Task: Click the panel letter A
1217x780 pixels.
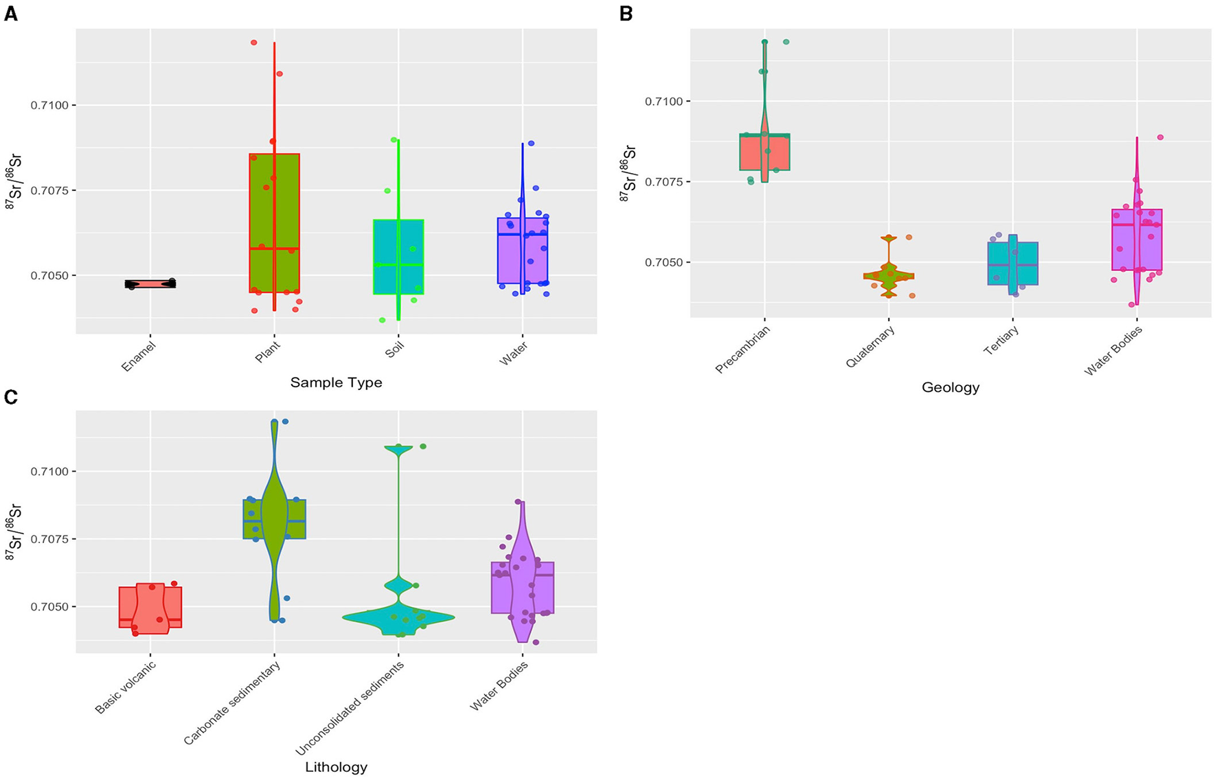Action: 10,14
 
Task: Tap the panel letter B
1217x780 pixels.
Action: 625,14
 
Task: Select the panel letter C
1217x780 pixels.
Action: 10,398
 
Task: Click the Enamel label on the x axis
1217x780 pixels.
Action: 139,357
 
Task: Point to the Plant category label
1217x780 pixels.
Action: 268,353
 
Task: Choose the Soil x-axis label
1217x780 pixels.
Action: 394,352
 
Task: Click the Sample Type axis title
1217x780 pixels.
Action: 336,382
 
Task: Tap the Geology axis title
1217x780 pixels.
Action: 950,387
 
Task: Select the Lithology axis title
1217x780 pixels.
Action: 336,767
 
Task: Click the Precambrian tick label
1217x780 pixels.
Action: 743,349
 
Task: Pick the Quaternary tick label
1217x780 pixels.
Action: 870,347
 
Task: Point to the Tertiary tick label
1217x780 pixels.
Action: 1001,341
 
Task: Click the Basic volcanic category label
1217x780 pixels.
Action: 126,687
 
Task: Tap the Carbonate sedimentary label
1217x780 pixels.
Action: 232,703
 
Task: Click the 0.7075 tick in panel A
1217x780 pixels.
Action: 49,190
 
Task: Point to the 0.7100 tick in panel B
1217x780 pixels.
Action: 663,102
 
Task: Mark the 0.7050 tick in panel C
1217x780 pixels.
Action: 49,607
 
